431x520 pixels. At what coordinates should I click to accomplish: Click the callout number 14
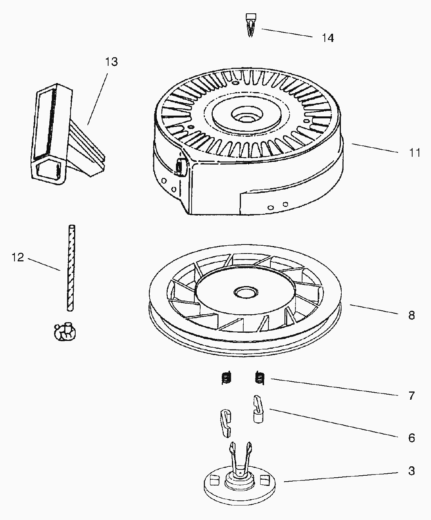(x=328, y=38)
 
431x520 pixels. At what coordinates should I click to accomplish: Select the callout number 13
(x=111, y=62)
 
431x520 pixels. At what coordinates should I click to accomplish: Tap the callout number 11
(x=415, y=153)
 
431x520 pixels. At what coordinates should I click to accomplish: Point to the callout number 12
(x=18, y=257)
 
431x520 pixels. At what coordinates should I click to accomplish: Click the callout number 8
(x=411, y=315)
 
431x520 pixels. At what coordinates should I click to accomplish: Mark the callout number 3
(x=411, y=471)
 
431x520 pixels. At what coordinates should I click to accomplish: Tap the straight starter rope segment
(x=71, y=268)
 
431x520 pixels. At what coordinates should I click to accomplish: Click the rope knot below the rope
(x=65, y=332)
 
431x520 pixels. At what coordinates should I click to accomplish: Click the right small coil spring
(x=260, y=378)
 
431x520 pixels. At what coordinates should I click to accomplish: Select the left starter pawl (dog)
(x=226, y=423)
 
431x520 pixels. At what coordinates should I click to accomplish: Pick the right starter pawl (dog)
(x=259, y=409)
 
